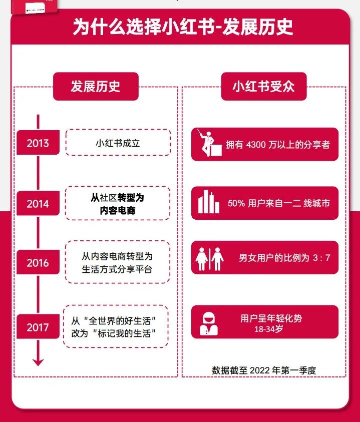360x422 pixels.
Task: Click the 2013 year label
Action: tap(38, 143)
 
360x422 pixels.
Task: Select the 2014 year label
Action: tap(38, 204)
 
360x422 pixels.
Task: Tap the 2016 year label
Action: tap(38, 263)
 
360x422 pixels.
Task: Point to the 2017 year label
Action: tap(38, 328)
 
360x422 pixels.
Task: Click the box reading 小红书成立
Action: tap(118, 143)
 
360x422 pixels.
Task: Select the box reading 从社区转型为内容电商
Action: tap(118, 203)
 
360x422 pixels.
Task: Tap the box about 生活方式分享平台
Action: tap(118, 262)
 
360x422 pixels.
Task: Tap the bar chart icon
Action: tap(208, 202)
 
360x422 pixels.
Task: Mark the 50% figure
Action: tap(236, 204)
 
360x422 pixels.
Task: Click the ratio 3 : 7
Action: tap(321, 258)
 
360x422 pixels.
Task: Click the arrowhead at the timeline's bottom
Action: tap(38, 361)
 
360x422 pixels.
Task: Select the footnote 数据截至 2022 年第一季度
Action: tap(264, 370)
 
